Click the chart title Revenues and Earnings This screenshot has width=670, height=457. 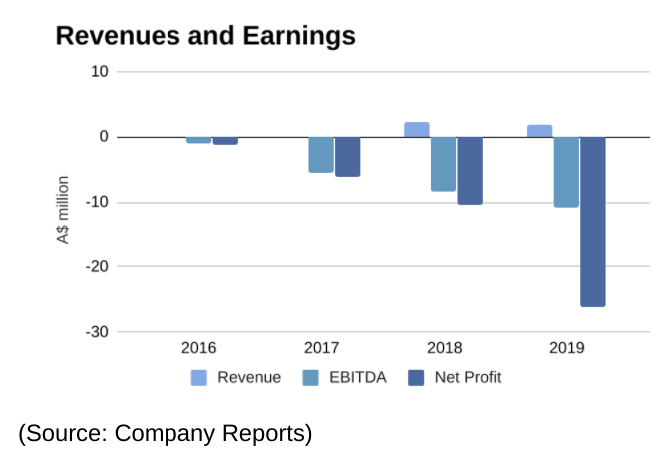point(204,36)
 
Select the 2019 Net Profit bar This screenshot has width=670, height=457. point(593,222)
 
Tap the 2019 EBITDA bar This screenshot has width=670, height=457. point(566,172)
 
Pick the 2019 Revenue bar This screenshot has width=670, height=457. point(540,131)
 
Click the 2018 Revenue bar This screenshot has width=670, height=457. point(417,130)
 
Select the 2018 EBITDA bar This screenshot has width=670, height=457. point(443,164)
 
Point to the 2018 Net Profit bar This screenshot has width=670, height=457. point(470,171)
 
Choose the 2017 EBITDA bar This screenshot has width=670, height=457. point(321,155)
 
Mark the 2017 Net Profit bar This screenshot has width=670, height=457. point(348,157)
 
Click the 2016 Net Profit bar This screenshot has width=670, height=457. point(225,141)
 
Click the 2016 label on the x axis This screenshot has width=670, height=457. point(198,348)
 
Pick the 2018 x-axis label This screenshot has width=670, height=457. point(444,348)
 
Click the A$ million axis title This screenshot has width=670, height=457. point(63,211)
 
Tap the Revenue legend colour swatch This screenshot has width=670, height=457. point(199,378)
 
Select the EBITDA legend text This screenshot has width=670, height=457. point(358,378)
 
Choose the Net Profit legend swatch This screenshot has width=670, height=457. point(416,378)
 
